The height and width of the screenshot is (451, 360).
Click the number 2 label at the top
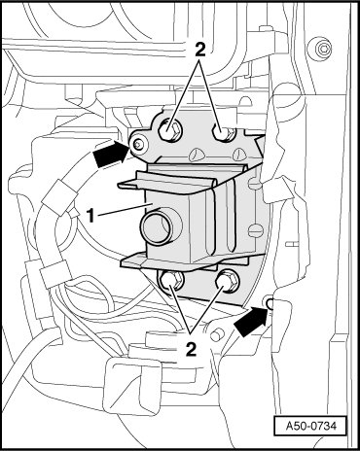click(199, 51)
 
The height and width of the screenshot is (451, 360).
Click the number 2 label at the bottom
click(192, 350)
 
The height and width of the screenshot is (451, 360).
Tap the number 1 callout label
click(91, 216)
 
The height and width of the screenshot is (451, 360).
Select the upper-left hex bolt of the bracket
click(168, 131)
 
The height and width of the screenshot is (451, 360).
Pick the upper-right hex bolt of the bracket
click(224, 132)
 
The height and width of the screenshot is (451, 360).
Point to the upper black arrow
click(111, 154)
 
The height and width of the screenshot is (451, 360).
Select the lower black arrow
click(251, 323)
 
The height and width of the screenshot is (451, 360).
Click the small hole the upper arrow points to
click(139, 145)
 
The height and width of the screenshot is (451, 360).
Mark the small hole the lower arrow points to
click(270, 303)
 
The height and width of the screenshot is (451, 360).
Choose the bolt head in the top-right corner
click(323, 50)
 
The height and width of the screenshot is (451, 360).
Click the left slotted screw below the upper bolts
click(195, 155)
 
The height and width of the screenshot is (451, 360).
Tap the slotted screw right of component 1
click(255, 231)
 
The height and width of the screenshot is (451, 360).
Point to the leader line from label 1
click(122, 209)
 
